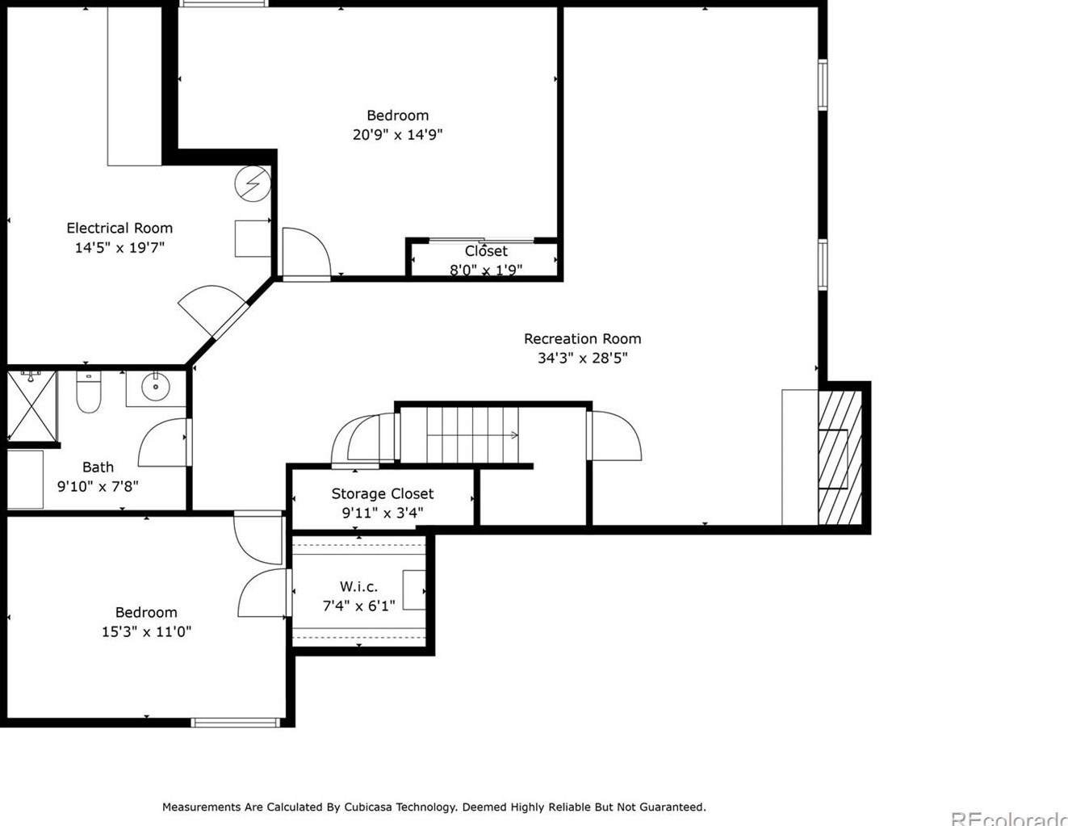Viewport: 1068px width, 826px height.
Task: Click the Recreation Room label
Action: pos(582,338)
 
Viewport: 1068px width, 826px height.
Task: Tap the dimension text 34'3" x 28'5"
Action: pos(582,358)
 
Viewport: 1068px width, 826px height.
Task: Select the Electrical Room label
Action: pos(119,228)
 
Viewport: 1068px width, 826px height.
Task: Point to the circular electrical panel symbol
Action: pos(253,183)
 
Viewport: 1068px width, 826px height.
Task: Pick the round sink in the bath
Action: pos(155,387)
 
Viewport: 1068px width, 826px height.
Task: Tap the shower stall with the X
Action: pos(32,406)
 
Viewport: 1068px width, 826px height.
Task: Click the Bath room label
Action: pos(98,467)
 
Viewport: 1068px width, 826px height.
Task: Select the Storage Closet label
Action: pos(383,493)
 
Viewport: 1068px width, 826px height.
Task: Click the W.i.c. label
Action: pos(358,586)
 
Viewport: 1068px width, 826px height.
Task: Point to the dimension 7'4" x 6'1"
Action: pos(358,606)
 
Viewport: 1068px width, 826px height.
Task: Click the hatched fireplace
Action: pos(840,458)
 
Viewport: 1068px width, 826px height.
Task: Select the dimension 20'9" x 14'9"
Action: pos(398,134)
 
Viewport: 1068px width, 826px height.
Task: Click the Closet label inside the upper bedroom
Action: pos(486,251)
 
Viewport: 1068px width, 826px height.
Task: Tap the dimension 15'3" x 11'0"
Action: pos(146,631)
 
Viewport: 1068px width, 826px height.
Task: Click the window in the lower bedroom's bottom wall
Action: pos(236,723)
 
